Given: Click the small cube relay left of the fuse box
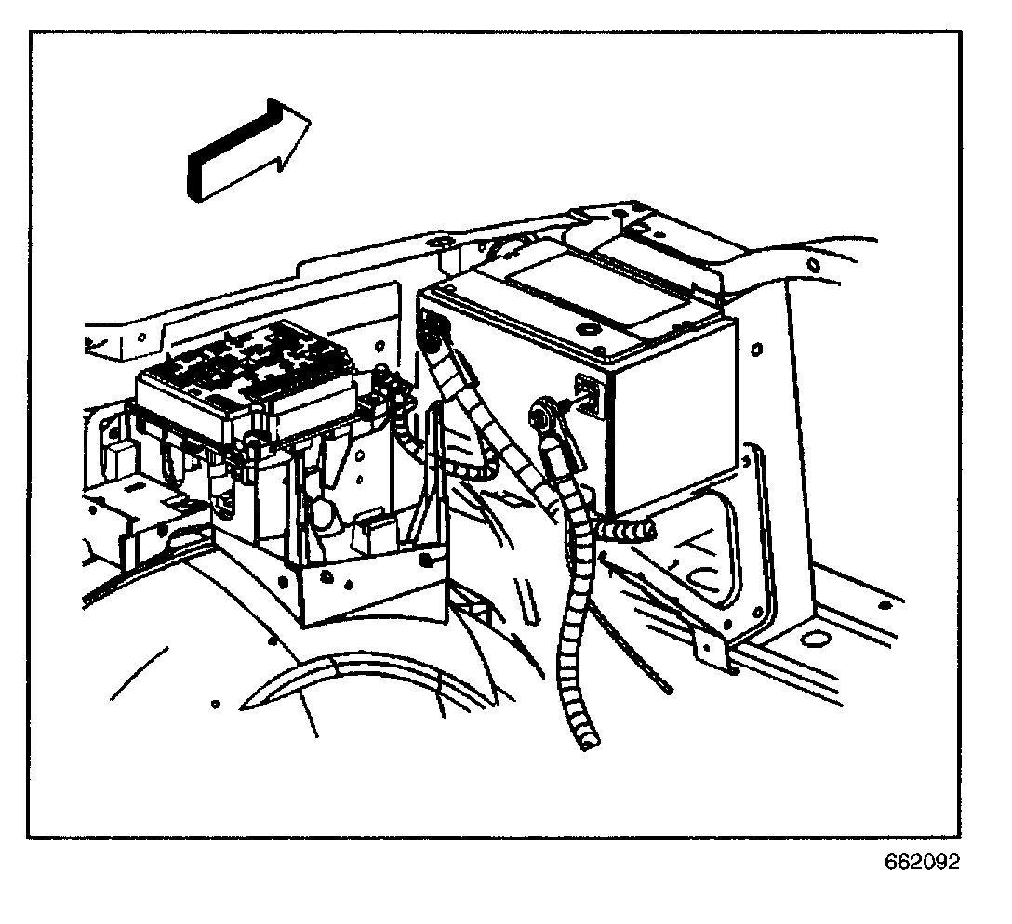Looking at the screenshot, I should [x=119, y=460].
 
